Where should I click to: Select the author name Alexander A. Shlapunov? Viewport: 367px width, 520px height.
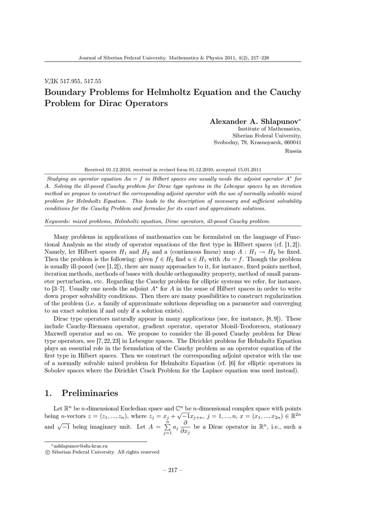255,121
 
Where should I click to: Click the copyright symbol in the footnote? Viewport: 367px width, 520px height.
47,452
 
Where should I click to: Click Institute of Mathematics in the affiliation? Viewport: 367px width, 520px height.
270,129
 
